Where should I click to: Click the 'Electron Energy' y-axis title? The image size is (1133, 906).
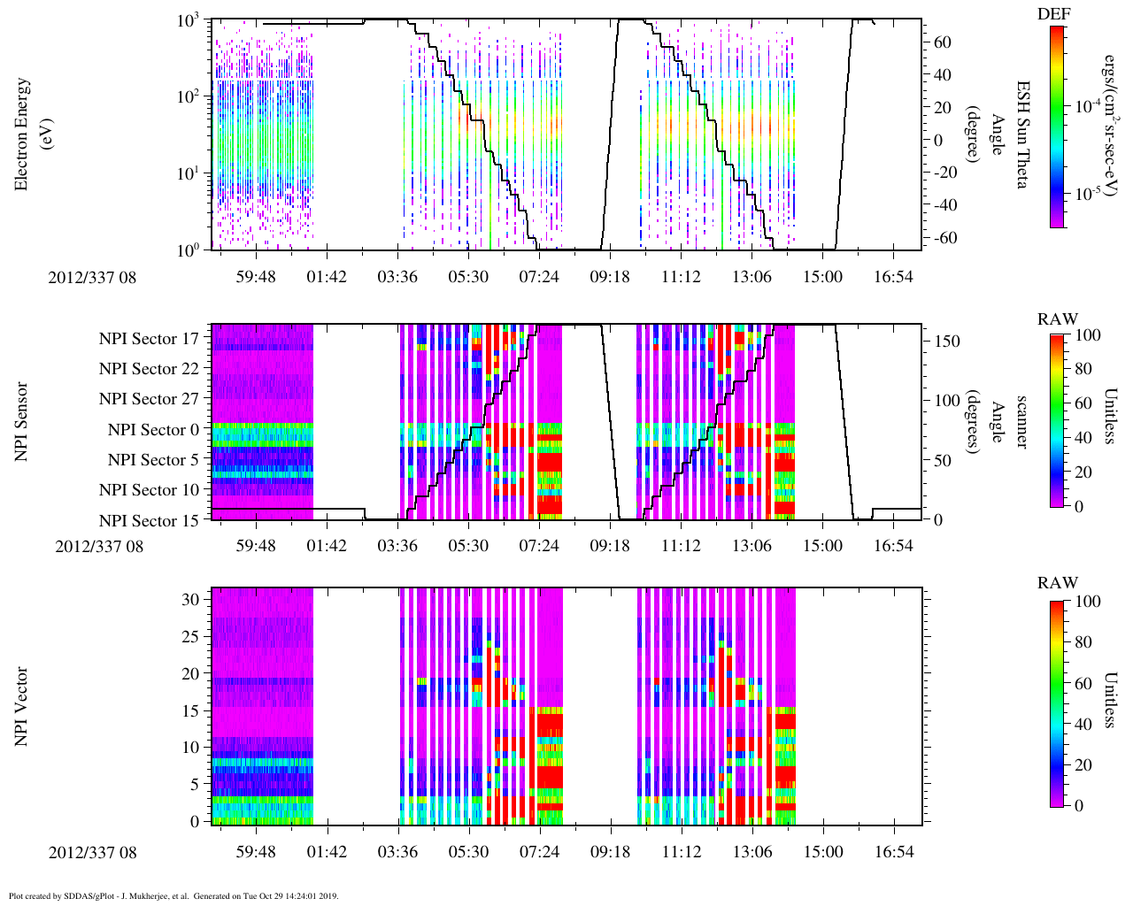23,134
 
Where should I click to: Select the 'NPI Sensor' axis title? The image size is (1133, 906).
23,421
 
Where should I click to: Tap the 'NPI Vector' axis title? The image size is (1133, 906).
23,706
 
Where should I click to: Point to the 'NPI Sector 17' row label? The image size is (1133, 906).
149,338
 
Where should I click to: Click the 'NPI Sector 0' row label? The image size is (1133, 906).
153,430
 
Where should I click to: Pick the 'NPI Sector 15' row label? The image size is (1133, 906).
149,520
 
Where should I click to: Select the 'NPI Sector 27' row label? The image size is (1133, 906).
149,399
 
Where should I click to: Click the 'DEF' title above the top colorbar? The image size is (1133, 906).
1053,14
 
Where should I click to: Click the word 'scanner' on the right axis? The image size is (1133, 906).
1021,422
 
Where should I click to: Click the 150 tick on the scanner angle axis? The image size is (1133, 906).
948,342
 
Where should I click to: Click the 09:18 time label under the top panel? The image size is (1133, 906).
610,277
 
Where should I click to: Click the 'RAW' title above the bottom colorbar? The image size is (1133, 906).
1058,583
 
